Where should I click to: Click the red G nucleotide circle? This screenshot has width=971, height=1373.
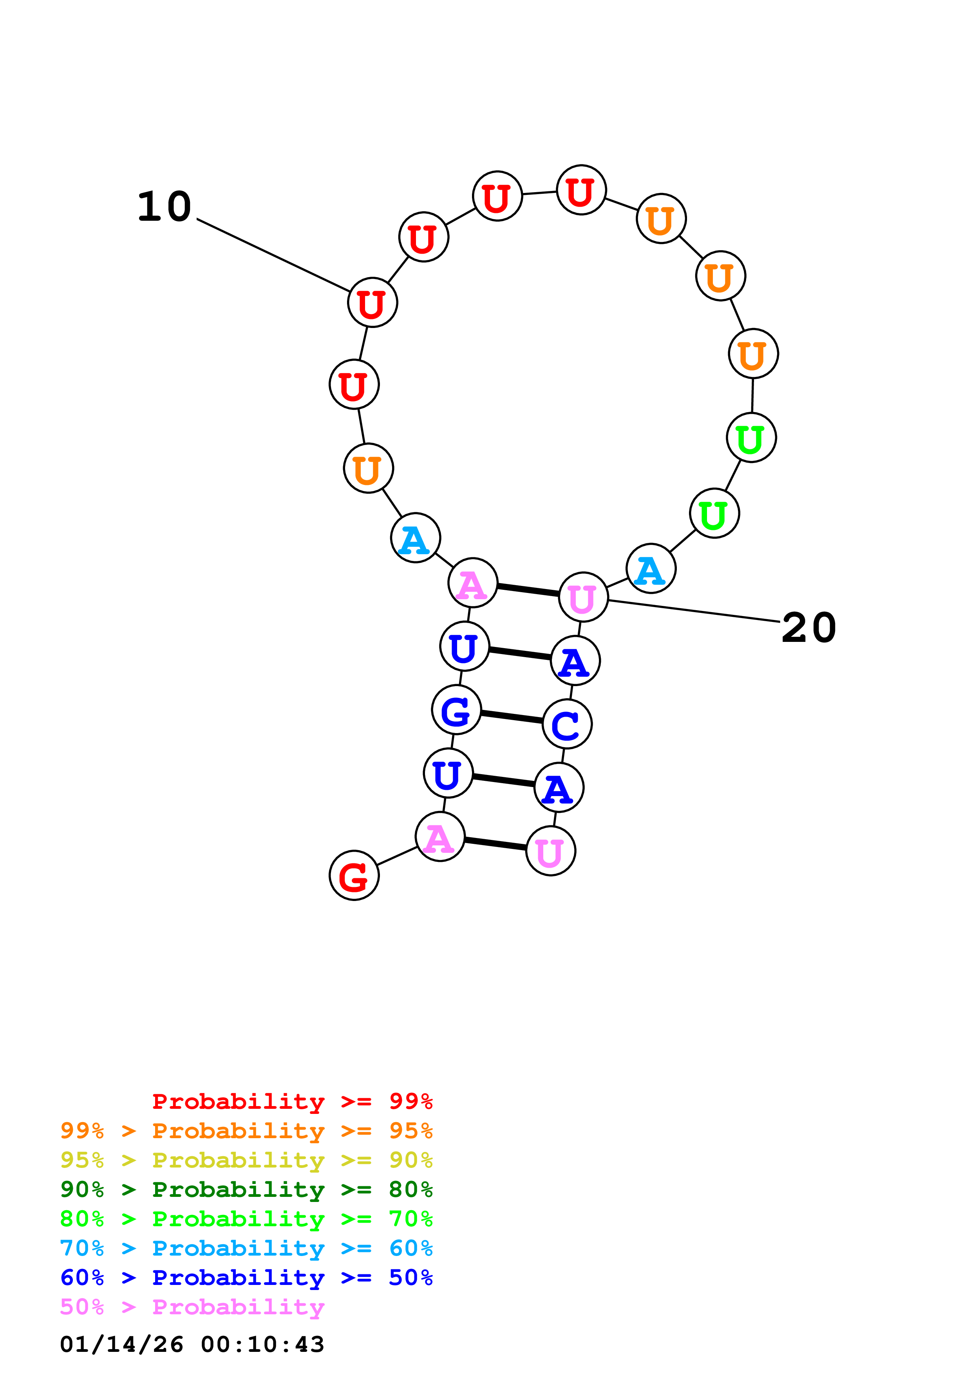point(354,875)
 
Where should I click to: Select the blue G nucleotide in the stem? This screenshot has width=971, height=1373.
point(456,710)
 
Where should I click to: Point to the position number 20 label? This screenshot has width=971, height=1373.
point(808,628)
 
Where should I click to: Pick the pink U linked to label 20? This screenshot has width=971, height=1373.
point(583,597)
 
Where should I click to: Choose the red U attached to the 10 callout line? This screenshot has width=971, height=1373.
point(372,303)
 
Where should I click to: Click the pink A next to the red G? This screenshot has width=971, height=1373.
point(440,836)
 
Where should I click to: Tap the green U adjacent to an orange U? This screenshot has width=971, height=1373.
point(751,438)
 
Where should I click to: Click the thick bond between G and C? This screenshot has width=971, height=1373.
point(512,717)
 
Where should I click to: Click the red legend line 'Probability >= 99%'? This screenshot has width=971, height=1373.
point(292,1101)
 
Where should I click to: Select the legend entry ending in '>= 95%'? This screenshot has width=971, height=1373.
point(246,1130)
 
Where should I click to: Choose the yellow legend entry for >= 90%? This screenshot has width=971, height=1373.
point(246,1160)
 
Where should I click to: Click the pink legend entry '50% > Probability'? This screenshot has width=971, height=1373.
point(192,1306)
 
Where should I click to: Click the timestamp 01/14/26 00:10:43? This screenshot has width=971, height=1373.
point(192,1344)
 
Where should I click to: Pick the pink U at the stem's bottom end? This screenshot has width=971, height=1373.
point(550,851)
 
